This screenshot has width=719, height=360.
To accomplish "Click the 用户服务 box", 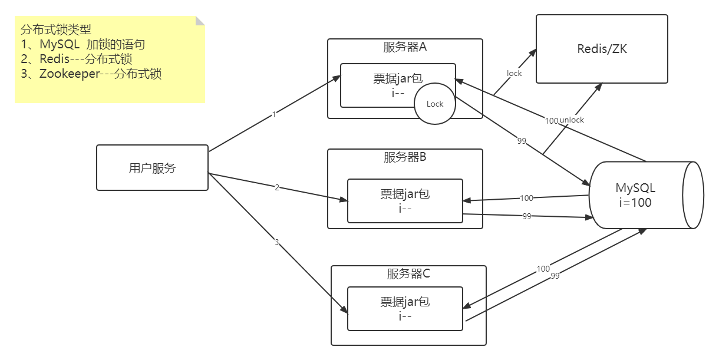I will click(x=152, y=168).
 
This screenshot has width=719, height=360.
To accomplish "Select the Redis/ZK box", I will click(x=602, y=49).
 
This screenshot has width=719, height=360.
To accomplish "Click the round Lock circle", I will click(x=434, y=104).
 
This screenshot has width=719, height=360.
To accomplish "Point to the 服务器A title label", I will click(x=404, y=47).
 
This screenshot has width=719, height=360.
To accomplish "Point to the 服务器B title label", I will click(x=404, y=157).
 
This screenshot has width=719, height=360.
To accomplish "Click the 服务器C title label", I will click(x=408, y=273).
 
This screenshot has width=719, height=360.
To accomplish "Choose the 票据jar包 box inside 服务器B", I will click(x=405, y=200).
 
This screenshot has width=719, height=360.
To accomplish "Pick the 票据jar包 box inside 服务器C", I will click(x=405, y=308).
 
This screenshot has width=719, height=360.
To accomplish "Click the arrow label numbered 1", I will click(x=273, y=115).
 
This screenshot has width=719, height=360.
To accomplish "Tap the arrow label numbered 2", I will click(x=277, y=187).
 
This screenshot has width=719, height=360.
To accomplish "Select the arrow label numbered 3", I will click(x=276, y=242).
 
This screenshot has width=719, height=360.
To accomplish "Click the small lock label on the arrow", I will click(x=514, y=73).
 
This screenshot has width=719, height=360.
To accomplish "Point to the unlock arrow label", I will click(x=572, y=120).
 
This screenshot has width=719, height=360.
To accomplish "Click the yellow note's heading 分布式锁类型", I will click(x=55, y=30).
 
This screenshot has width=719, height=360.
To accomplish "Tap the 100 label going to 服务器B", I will click(x=526, y=198).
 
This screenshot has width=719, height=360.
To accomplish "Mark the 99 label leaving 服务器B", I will click(x=527, y=216).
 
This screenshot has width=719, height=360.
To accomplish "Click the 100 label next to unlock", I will click(x=551, y=121).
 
